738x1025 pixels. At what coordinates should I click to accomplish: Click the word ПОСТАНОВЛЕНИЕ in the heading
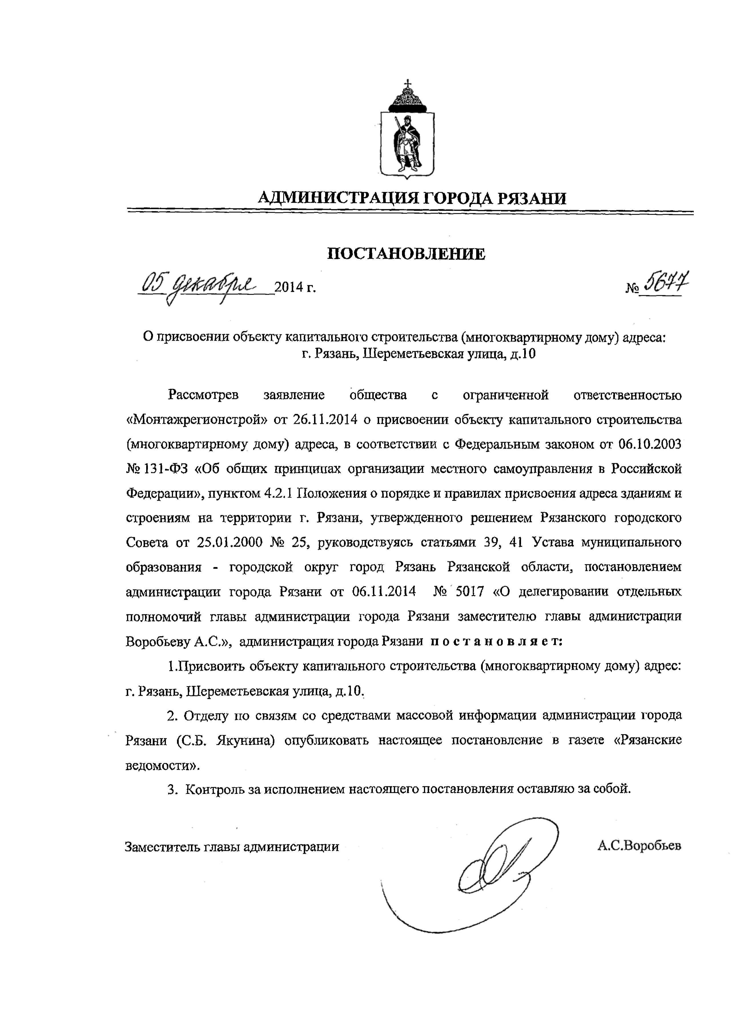[x=406, y=254]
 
